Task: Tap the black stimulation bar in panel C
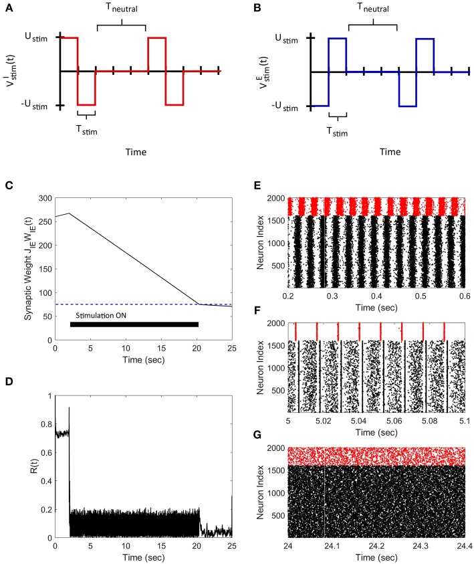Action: tap(134, 324)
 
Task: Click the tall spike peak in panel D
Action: tap(69, 408)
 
